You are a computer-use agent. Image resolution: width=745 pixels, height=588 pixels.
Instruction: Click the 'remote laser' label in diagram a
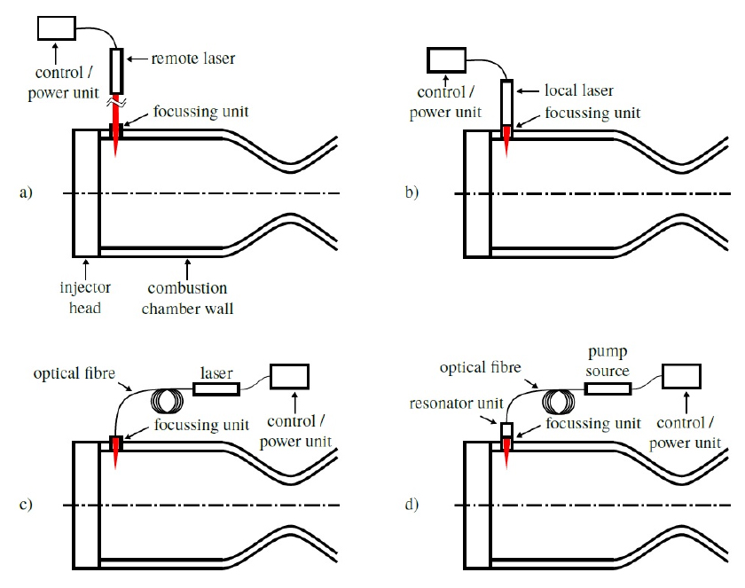click(193, 59)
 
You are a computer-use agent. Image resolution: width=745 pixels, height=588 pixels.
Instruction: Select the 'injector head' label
click(85, 297)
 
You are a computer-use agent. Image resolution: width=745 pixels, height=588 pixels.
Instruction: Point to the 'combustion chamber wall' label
click(188, 298)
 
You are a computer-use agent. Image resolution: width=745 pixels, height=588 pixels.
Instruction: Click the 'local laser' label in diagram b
click(578, 90)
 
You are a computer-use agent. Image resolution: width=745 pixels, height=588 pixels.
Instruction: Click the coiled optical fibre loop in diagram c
click(167, 402)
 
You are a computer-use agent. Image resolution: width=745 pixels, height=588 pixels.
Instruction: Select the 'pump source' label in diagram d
click(608, 362)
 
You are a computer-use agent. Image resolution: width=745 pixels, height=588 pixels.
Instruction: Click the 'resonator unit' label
click(456, 404)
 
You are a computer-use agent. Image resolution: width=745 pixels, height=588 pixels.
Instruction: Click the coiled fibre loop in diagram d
click(558, 402)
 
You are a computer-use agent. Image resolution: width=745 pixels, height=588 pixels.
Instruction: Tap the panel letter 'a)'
click(26, 192)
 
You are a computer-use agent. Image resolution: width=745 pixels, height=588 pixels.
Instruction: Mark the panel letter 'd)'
click(412, 504)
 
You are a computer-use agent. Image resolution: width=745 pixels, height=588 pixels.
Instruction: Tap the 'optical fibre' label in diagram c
click(74, 373)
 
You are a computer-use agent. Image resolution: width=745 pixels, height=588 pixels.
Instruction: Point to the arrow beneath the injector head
click(85, 270)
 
